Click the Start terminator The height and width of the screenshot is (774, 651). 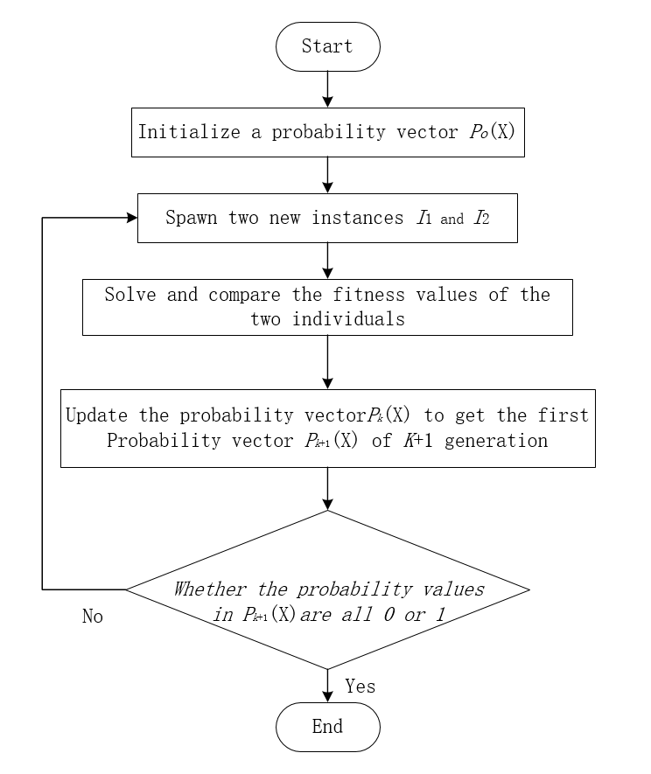(x=327, y=46)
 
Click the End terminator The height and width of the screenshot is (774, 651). (x=327, y=727)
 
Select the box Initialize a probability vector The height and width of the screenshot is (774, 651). (x=327, y=132)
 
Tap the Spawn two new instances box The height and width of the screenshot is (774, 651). (x=327, y=218)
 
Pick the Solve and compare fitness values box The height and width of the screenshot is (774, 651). (x=327, y=307)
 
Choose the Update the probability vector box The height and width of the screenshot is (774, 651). (x=327, y=428)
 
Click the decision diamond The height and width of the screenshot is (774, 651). (x=327, y=589)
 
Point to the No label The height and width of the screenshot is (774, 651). (x=93, y=617)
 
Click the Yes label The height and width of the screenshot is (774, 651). (x=360, y=687)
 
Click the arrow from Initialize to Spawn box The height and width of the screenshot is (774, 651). (x=327, y=175)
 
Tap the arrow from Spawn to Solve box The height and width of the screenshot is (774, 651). (x=327, y=261)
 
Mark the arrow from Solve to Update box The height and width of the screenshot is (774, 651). (x=327, y=362)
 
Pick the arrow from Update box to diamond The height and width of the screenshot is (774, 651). (x=327, y=488)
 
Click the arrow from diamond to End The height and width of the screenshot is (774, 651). (x=327, y=685)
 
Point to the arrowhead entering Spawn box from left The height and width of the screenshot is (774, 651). (x=131, y=218)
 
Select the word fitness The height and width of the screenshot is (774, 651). (x=353, y=294)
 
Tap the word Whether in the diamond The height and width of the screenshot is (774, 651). (x=210, y=589)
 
